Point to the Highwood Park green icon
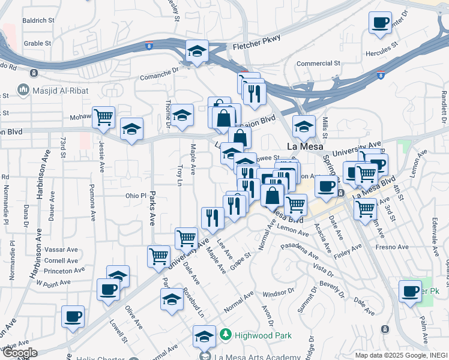225,333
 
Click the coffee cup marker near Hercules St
379,23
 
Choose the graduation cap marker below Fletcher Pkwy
196,51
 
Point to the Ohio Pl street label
135,196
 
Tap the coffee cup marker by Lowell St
73,316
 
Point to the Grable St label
37,43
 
